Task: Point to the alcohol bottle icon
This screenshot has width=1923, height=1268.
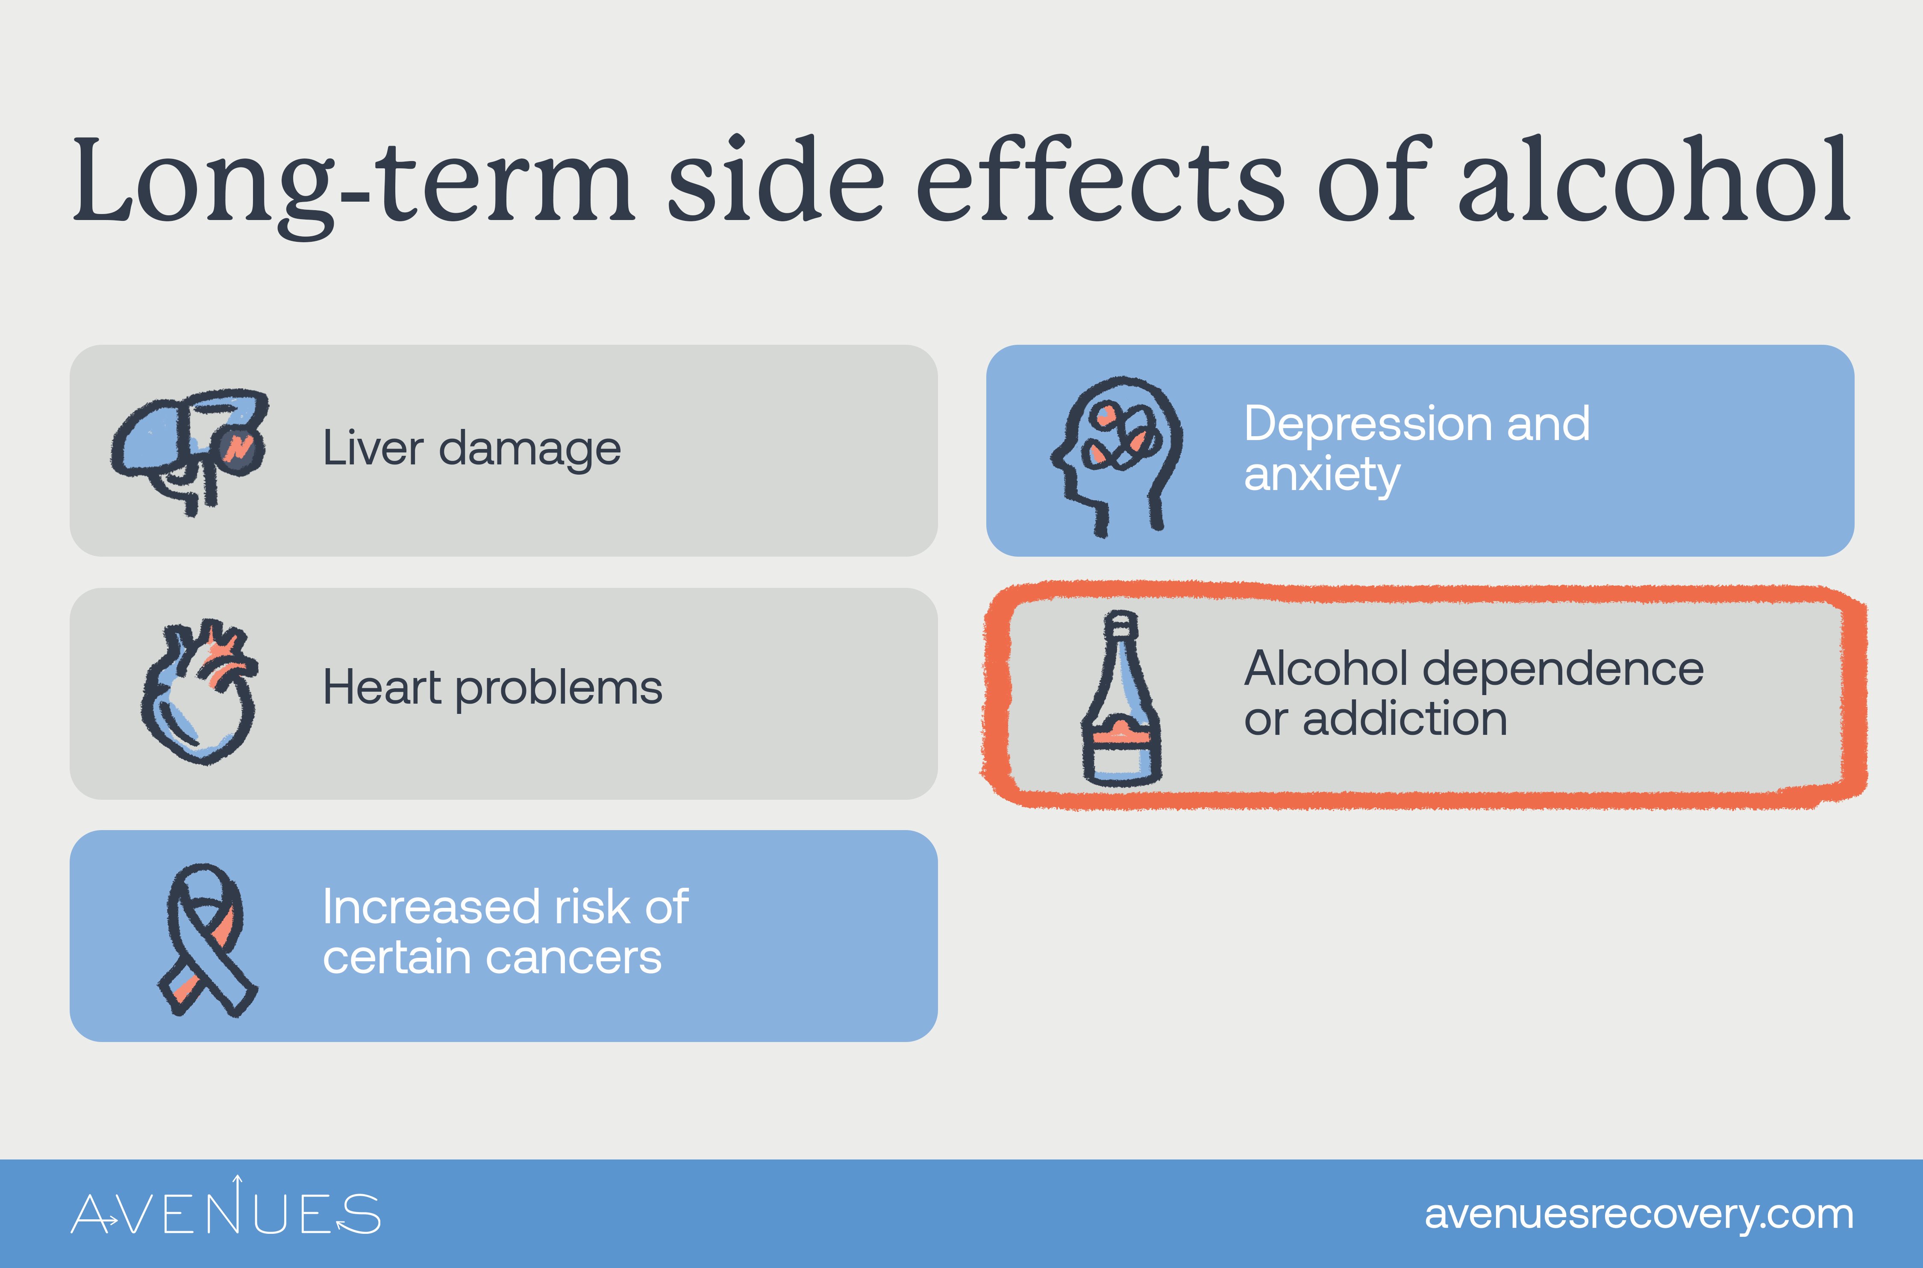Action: (1122, 699)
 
